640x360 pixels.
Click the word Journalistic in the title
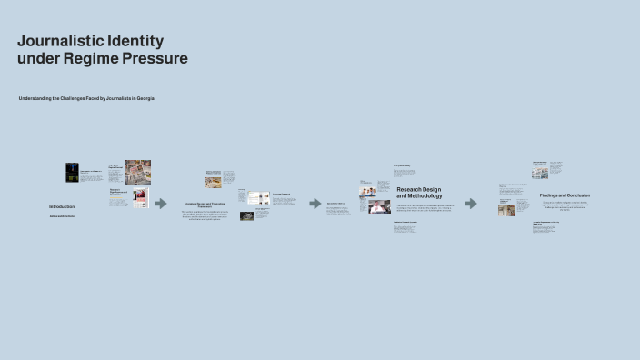[x=57, y=42]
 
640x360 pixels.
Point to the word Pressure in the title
[x=156, y=59]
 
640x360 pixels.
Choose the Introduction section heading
[x=62, y=206]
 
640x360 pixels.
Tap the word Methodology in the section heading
[x=419, y=196]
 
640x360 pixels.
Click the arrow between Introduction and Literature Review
[x=161, y=204]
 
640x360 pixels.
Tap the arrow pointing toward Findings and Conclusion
[x=471, y=204]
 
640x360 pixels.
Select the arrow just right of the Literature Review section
[x=315, y=204]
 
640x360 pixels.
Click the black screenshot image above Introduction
[x=72, y=173]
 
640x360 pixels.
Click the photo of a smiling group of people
[x=368, y=188]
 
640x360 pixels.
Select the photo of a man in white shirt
[x=378, y=207]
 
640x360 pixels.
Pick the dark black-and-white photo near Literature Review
[x=246, y=216]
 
